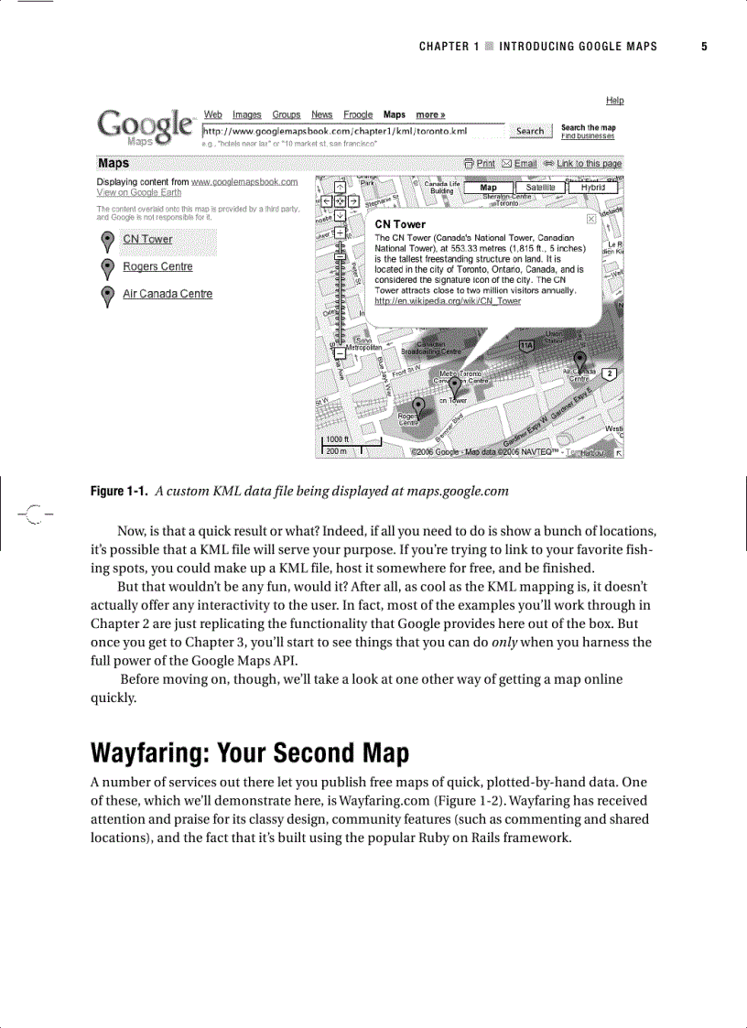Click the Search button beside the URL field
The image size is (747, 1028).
[x=530, y=131]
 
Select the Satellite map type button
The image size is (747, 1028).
[x=540, y=188]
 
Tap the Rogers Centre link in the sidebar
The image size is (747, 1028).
[x=157, y=267]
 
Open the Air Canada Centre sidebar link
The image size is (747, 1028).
[x=168, y=294]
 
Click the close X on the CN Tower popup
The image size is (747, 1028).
[x=591, y=220]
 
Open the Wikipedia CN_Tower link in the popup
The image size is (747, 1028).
[x=448, y=301]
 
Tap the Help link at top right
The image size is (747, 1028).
[x=614, y=101]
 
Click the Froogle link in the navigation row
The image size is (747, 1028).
[x=358, y=115]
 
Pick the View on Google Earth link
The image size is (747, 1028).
[x=138, y=193]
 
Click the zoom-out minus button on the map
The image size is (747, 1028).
[x=340, y=352]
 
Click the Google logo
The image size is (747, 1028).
[x=145, y=126]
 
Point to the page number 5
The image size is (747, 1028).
[x=704, y=47]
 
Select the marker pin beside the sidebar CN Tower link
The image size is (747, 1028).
[x=107, y=240]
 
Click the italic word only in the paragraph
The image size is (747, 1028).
[x=505, y=643]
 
